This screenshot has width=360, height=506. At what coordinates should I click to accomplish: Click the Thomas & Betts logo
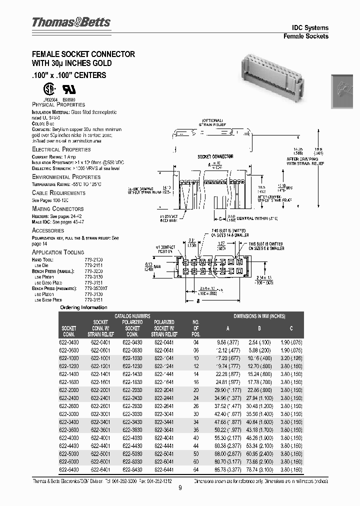pos(71,22)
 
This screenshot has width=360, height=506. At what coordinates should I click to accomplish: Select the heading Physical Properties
pos(58,104)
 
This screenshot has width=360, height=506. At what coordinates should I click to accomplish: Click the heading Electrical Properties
pos(61,149)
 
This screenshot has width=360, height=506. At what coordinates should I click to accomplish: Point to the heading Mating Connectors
pos(57,208)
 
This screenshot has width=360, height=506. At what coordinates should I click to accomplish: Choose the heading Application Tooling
pos(58,252)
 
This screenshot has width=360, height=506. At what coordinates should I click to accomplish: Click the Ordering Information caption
pos(83,307)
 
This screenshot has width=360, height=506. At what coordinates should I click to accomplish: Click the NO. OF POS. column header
pos(196,328)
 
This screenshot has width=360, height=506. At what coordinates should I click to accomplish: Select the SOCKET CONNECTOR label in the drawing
pos(215,156)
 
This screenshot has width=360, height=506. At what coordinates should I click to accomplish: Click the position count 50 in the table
pos(196,453)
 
